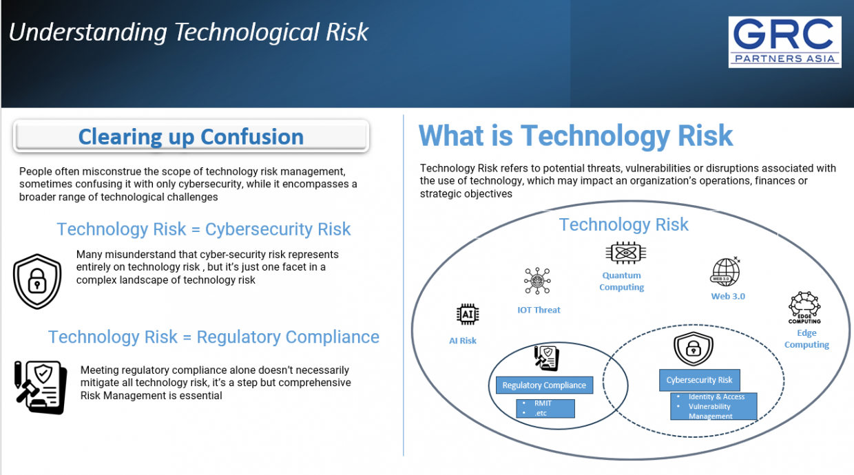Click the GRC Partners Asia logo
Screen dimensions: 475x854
(784, 42)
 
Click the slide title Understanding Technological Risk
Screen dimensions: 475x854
(189, 32)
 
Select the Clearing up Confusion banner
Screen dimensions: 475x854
(191, 136)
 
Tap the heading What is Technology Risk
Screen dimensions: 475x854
(576, 136)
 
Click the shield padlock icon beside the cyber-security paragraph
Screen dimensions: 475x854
(37, 281)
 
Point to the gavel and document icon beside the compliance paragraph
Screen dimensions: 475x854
(41, 387)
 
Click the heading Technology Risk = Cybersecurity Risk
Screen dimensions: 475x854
(204, 229)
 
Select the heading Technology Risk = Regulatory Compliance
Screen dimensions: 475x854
(213, 337)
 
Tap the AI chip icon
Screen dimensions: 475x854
(468, 315)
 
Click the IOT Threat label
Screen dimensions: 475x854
(539, 310)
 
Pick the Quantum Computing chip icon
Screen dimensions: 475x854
(625, 253)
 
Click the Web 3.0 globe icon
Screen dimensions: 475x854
(725, 271)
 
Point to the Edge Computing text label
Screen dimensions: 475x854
(806, 339)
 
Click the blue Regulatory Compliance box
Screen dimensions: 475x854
(544, 385)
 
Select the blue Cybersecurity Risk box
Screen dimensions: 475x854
(699, 380)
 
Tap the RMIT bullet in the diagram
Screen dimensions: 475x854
(543, 403)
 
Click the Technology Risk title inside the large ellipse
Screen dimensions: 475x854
(623, 225)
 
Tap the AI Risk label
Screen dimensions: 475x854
(463, 341)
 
